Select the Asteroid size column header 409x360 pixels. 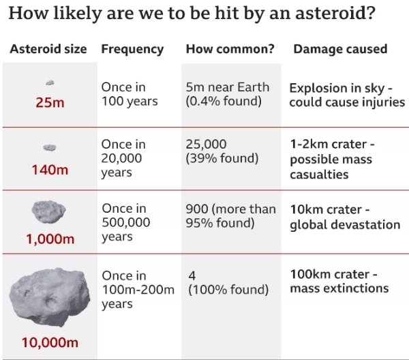[48, 49]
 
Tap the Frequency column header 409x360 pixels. [132, 49]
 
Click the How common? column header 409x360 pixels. [230, 49]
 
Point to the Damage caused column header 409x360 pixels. [340, 49]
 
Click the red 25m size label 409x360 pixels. [50, 102]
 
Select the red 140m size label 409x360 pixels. [50, 170]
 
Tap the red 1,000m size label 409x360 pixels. [50, 239]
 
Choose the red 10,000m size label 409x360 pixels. [50, 342]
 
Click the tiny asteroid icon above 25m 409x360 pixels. [50, 82]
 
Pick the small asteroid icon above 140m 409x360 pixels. [50, 148]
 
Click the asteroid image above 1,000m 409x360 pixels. [49, 212]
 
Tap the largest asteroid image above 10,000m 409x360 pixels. [50, 297]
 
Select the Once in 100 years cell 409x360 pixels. [130, 94]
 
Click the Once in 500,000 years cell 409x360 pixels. [126, 222]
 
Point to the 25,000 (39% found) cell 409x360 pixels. [222, 151]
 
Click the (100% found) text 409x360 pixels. [228, 289]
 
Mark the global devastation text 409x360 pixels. [345, 225]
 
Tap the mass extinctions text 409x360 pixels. [339, 288]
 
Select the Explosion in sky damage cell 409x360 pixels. [347, 95]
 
